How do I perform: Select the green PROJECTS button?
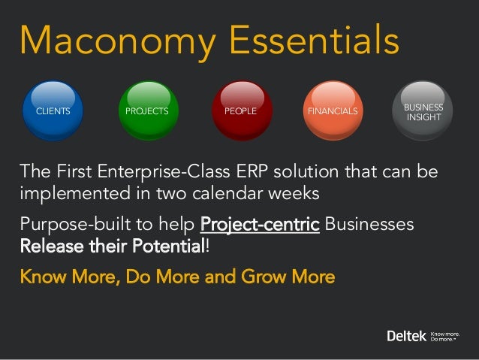click(147, 111)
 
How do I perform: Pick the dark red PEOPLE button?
click(240, 111)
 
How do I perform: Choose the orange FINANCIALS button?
click(333, 111)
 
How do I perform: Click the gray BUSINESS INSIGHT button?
click(424, 112)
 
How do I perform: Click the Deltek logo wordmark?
click(405, 334)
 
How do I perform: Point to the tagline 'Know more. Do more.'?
click(444, 334)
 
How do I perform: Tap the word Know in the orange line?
click(39, 277)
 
